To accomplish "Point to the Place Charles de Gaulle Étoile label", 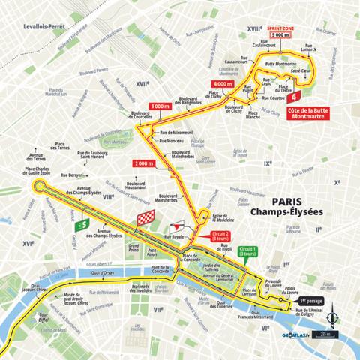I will pos(47,172).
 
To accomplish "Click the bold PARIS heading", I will pos(273,200).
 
